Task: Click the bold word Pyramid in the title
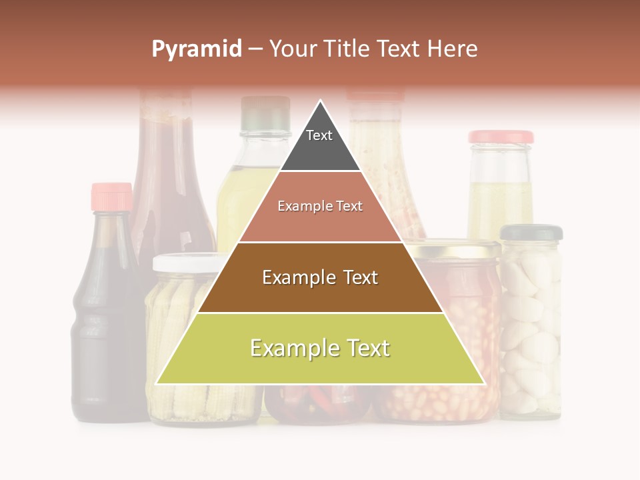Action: (x=196, y=49)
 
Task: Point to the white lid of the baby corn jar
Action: (x=183, y=263)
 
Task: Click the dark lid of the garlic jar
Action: (x=531, y=232)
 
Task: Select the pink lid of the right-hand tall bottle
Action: (x=501, y=137)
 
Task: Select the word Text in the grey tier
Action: (x=319, y=135)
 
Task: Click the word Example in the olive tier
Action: (x=287, y=348)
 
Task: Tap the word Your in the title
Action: (x=293, y=49)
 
